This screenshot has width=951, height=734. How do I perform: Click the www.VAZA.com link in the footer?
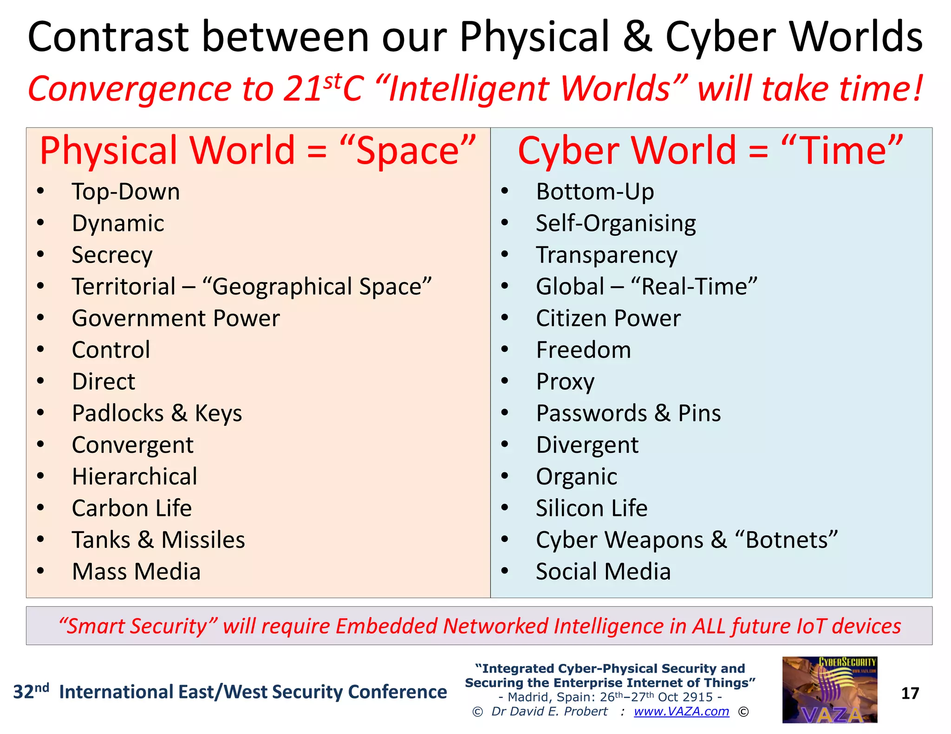click(x=681, y=711)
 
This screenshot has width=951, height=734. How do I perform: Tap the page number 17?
click(x=910, y=693)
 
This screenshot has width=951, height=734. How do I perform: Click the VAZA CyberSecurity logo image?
click(x=829, y=689)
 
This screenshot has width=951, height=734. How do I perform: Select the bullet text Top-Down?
click(x=126, y=192)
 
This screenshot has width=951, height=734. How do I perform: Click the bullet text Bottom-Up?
click(x=595, y=192)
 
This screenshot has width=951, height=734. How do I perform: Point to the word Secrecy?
click(x=112, y=255)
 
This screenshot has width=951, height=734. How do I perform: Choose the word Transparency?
click(x=606, y=255)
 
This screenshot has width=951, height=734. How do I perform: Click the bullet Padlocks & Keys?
click(x=157, y=413)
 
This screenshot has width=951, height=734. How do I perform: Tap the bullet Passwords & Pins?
click(x=628, y=413)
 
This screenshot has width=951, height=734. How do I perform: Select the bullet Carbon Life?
click(x=132, y=508)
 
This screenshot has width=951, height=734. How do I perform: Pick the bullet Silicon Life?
click(x=592, y=508)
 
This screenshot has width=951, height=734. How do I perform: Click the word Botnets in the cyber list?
click(x=787, y=540)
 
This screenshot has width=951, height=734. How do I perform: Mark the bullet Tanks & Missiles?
click(x=158, y=540)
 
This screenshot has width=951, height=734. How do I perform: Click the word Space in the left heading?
click(x=408, y=151)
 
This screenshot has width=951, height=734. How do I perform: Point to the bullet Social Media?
click(x=603, y=572)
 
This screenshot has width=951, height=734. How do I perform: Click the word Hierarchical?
click(x=135, y=476)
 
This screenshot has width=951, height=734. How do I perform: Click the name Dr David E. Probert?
click(x=549, y=711)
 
